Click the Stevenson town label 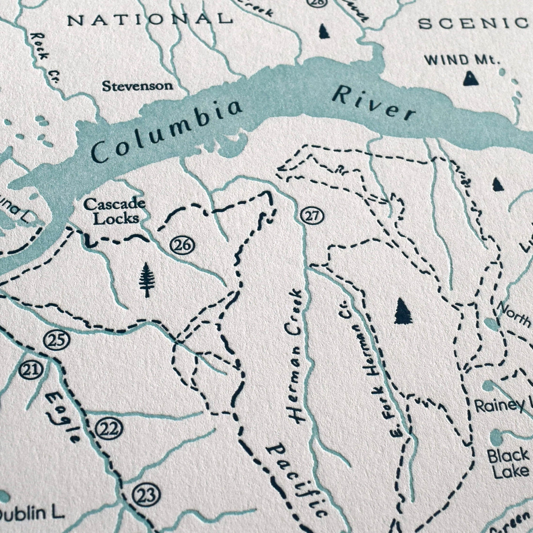pyautogui.click(x=137, y=86)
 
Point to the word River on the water pyautogui.click(x=374, y=103)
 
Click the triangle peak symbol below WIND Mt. pyautogui.click(x=470, y=78)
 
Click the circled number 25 pyautogui.click(x=56, y=341)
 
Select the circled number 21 pyautogui.click(x=31, y=371)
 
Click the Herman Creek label pyautogui.click(x=295, y=356)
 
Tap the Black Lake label pyautogui.click(x=508, y=463)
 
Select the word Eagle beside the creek pyautogui.click(x=64, y=416)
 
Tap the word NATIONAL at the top pyautogui.click(x=149, y=19)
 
